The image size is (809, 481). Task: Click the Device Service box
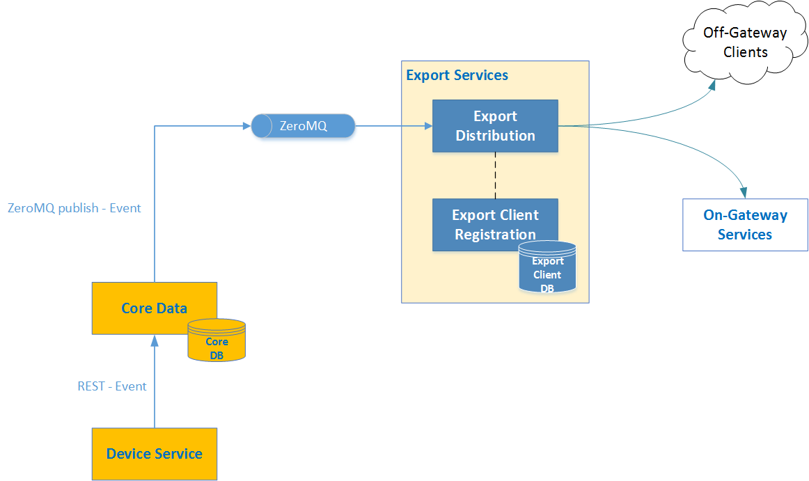(154, 454)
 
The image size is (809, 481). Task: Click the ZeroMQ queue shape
(303, 126)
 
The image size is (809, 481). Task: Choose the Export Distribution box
(495, 126)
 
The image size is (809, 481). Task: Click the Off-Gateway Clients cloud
(745, 42)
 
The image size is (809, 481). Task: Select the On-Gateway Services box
(745, 225)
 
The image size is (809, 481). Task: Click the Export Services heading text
(457, 75)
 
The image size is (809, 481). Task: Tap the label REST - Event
(112, 386)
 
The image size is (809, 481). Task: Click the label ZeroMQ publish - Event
(74, 208)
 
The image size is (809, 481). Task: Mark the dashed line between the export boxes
(495, 175)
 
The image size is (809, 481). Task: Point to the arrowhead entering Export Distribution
(427, 126)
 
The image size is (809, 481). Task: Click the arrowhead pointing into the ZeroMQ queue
(246, 126)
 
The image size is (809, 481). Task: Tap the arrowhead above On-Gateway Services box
(745, 192)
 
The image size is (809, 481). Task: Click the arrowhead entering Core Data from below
(154, 340)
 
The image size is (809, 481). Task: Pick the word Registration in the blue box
(495, 235)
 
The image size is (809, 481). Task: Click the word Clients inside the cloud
(745, 52)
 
